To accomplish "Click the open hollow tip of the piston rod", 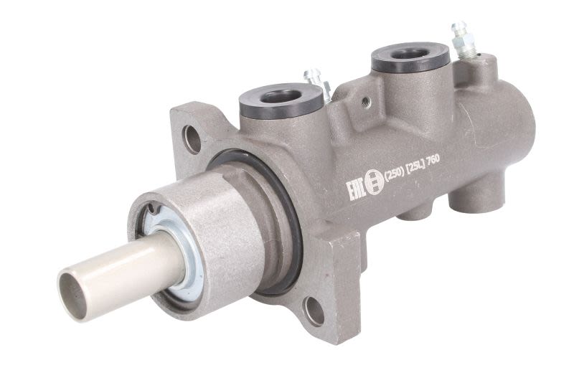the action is (73, 295).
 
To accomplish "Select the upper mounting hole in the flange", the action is (192, 139).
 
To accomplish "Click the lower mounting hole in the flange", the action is (314, 311).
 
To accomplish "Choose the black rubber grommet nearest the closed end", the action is (410, 57).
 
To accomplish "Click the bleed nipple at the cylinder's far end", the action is (463, 41).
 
